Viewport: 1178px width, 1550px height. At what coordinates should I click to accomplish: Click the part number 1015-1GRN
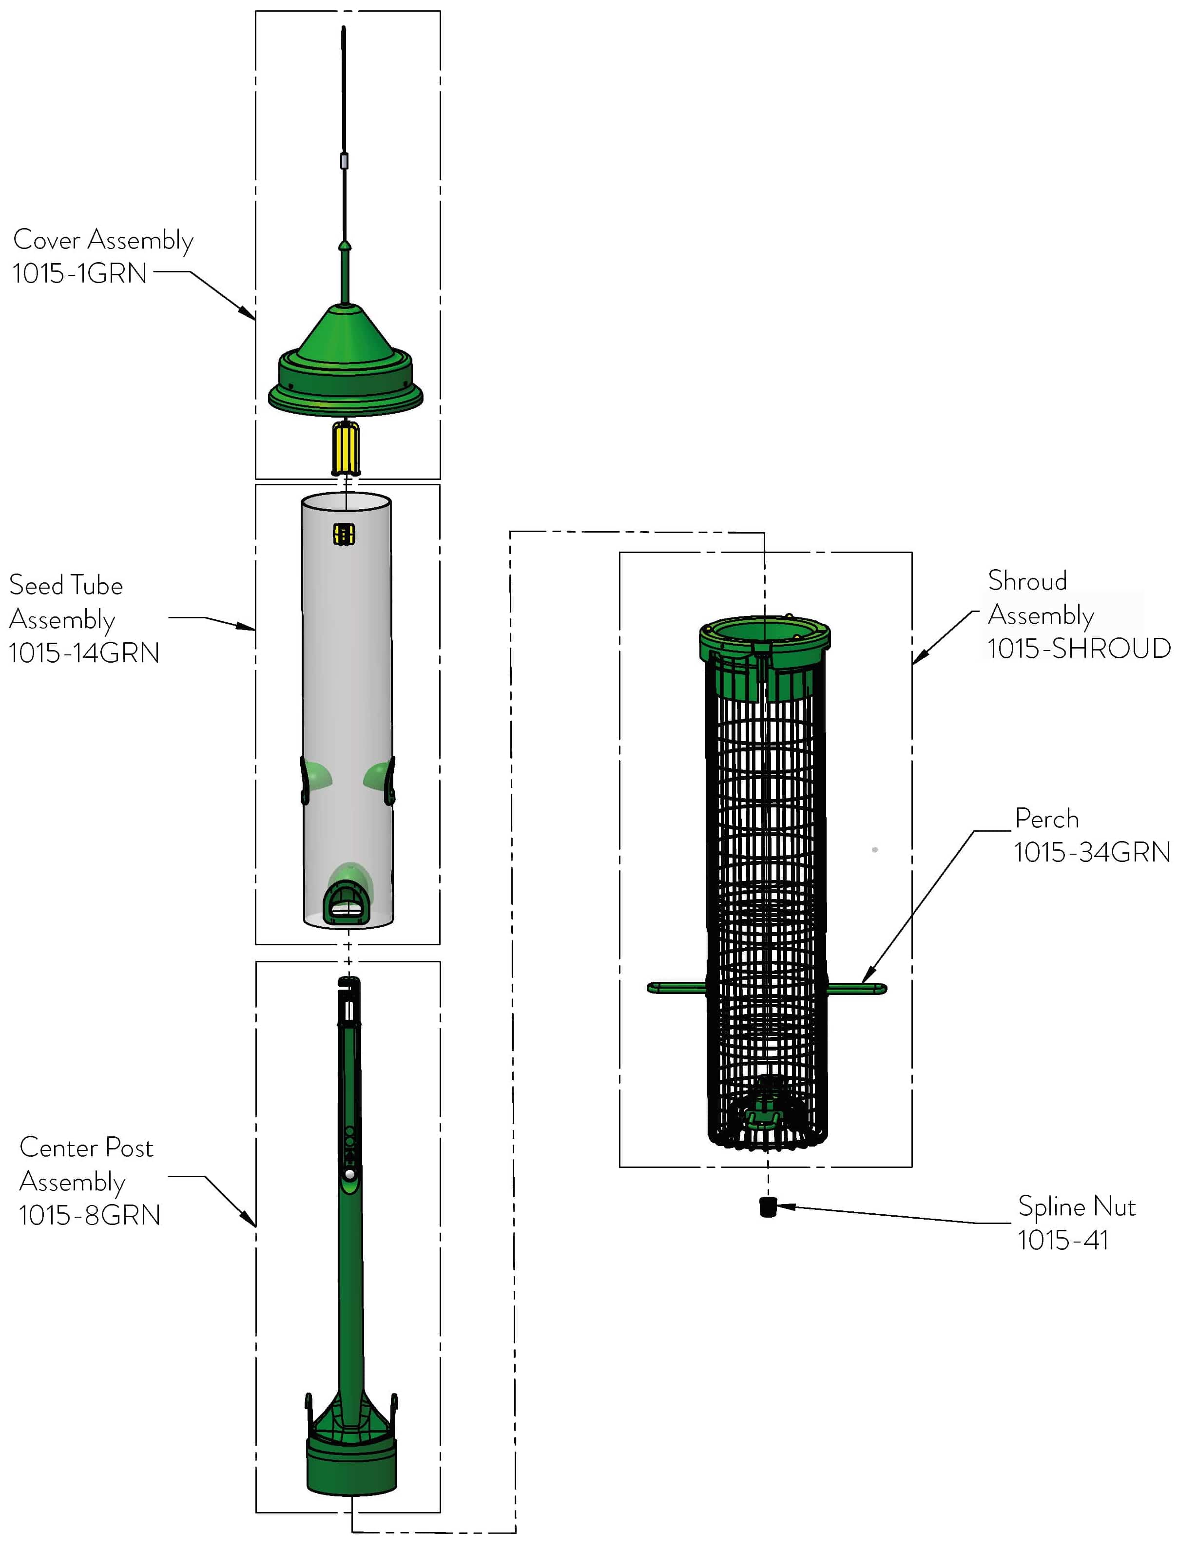tap(79, 273)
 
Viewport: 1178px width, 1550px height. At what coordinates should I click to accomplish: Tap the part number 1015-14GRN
tap(84, 653)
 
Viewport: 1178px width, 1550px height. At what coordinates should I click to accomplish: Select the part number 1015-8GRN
tap(90, 1216)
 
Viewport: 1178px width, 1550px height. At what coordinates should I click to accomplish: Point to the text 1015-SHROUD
tap(1079, 649)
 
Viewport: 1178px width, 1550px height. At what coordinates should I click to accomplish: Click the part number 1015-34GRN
tap(1092, 852)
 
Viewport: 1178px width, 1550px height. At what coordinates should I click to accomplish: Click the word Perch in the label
tap(1046, 819)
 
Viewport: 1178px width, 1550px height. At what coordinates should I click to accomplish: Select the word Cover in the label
tap(46, 240)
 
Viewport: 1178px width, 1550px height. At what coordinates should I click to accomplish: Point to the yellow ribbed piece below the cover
tap(346, 449)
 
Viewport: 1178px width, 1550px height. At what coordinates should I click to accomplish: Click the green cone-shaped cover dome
tap(345, 337)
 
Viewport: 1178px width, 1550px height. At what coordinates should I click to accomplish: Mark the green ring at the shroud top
tap(764, 634)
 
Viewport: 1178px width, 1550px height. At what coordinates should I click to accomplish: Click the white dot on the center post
tap(349, 1173)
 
